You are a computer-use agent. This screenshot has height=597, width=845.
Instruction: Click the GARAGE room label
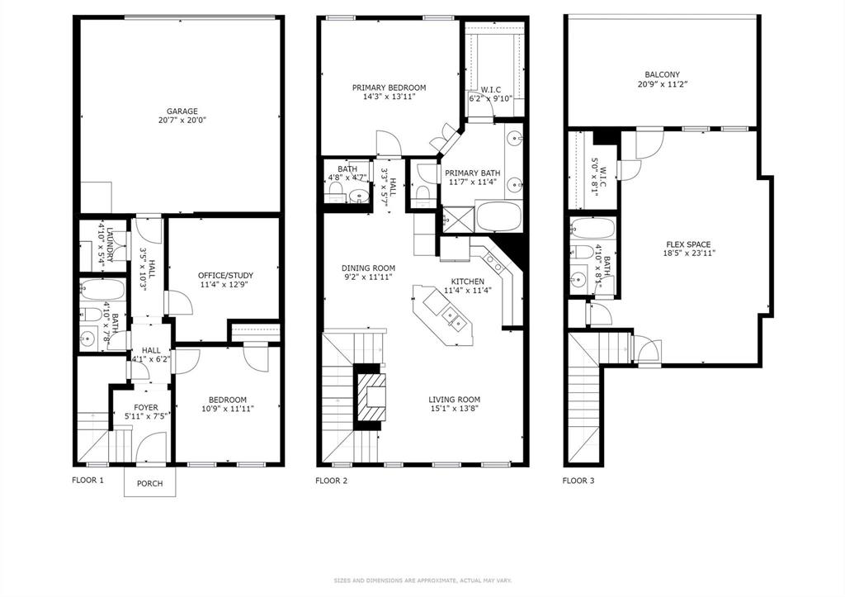(182, 111)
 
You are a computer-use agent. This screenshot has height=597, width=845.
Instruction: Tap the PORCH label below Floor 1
(149, 484)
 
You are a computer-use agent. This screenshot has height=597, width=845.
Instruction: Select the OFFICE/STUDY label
(225, 276)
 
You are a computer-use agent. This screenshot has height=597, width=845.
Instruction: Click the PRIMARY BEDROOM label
(389, 88)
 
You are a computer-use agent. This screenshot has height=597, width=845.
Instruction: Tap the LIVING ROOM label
(454, 400)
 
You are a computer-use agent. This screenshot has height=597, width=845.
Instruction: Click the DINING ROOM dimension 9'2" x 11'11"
(368, 277)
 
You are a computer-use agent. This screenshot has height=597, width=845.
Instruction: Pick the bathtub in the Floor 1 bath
(102, 290)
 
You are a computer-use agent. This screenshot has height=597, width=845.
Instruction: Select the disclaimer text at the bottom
(422, 580)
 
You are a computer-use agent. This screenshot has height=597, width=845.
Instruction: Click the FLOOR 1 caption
(88, 480)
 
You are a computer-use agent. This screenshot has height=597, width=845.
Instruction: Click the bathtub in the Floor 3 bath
(590, 229)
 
